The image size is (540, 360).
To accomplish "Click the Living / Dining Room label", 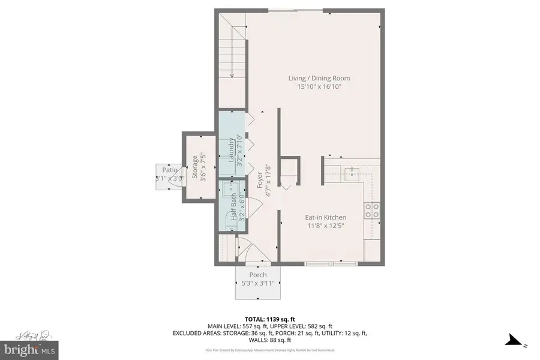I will pyautogui.click(x=319, y=78).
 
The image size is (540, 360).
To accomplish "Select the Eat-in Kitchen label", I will pyautogui.click(x=326, y=217).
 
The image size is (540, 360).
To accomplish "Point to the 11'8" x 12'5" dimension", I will pyautogui.click(x=326, y=226).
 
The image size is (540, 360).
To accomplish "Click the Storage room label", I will pyautogui.click(x=194, y=168).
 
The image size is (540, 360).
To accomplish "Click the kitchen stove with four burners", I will pyautogui.click(x=372, y=211).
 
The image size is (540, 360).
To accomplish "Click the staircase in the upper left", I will pyautogui.click(x=232, y=52).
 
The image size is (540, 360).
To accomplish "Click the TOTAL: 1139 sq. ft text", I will pyautogui.click(x=269, y=319).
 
